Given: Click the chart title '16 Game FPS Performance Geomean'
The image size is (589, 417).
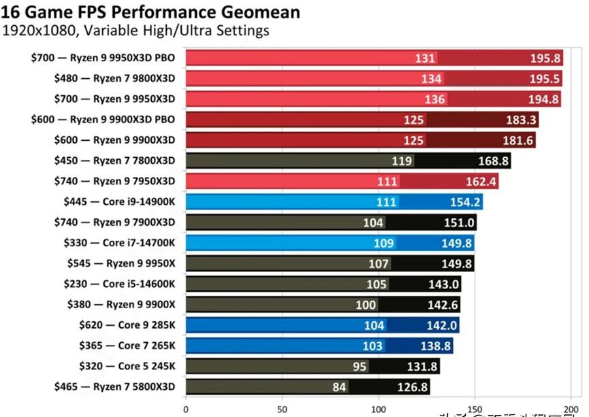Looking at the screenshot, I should [x=151, y=12].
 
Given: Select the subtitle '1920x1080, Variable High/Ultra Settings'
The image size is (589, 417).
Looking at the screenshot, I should [x=136, y=31].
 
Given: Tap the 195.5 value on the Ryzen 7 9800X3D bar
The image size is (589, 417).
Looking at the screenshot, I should [x=545, y=79].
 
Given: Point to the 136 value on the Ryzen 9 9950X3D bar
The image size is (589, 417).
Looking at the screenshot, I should [x=434, y=99].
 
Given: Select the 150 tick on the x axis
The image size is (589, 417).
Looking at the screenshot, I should [x=475, y=410].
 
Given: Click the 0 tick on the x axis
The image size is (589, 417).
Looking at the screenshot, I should [x=185, y=410].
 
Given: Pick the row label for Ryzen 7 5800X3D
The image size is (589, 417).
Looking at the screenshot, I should [x=114, y=386].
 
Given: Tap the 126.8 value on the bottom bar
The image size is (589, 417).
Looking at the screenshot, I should [x=413, y=387].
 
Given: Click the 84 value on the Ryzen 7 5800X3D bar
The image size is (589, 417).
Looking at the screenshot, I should [x=338, y=387].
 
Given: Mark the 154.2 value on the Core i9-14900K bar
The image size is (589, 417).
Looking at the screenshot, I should [x=466, y=202].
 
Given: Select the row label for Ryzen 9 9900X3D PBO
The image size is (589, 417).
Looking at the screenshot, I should [x=103, y=119].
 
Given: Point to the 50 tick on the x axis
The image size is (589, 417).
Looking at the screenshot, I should [x=282, y=410].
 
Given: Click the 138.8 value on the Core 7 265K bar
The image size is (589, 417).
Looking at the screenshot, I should [x=436, y=346].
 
